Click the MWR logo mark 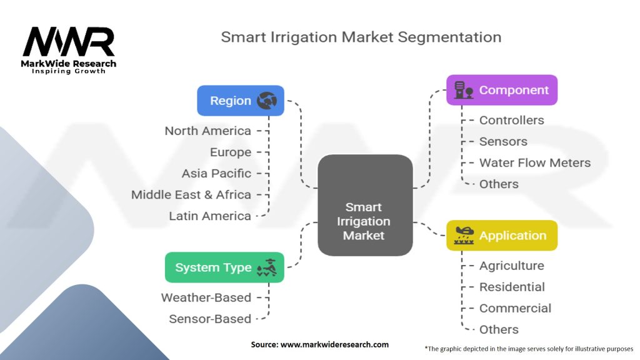pyautogui.click(x=69, y=42)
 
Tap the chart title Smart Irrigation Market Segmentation pyautogui.click(x=361, y=37)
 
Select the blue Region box pyautogui.click(x=241, y=101)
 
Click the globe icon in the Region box pyautogui.click(x=267, y=101)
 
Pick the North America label pyautogui.click(x=207, y=131)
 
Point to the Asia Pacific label pyautogui.click(x=216, y=174)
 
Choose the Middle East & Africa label pyautogui.click(x=191, y=195)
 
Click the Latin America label pyautogui.click(x=210, y=216)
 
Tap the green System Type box pyautogui.click(x=224, y=267)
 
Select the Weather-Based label pyautogui.click(x=206, y=297)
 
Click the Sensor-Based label pyautogui.click(x=210, y=319)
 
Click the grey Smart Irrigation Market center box pyautogui.click(x=365, y=205)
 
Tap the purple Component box pyautogui.click(x=502, y=90)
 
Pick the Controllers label pyautogui.click(x=511, y=121)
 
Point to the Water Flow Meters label pyautogui.click(x=535, y=163)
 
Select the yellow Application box pyautogui.click(x=502, y=236)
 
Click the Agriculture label pyautogui.click(x=511, y=266)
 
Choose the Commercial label pyautogui.click(x=515, y=308)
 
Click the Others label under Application pyautogui.click(x=499, y=329)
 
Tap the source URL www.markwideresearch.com pyautogui.click(x=335, y=344)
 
